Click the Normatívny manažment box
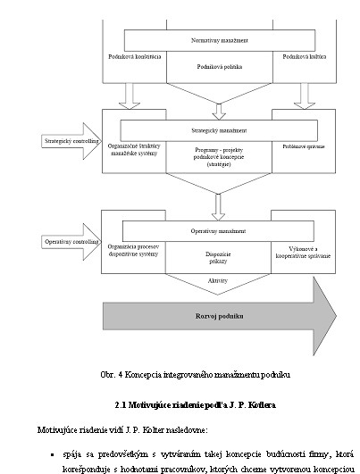pos(220,40)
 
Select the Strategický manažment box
pos(219,130)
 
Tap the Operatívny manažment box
pos(218,231)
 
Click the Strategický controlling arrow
pos(71,141)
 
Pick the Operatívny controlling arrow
pos(71,242)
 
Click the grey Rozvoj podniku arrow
pos(220,316)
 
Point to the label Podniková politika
pos(220,67)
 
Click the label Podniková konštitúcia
pos(135,56)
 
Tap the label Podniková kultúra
pos(305,56)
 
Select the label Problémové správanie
pos(304,146)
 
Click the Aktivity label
pos(218,281)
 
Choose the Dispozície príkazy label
pos(218,258)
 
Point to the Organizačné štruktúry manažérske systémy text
pos(134,150)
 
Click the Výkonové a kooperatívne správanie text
pos(303,253)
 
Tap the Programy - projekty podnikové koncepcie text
pos(219,157)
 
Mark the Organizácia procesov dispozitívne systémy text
pos(133,250)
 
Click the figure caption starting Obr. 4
pos(195,375)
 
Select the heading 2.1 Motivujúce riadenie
pos(195,405)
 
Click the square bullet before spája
pos(53,454)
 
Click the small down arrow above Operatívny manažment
pos(218,207)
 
